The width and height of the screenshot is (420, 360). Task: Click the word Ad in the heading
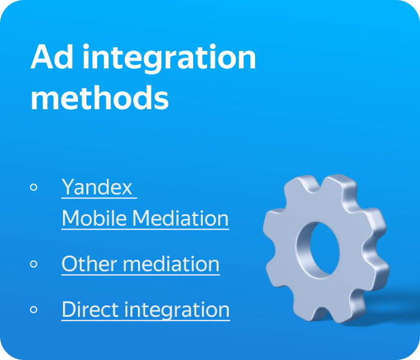52,56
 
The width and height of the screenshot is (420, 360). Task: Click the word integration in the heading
170,58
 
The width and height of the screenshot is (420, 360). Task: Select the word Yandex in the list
97,187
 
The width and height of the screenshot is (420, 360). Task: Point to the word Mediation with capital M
181,218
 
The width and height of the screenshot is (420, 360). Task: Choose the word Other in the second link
89,264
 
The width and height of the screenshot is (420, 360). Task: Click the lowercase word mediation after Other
171,264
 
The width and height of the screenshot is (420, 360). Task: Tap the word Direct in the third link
90,310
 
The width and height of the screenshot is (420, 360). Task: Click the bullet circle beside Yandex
34,187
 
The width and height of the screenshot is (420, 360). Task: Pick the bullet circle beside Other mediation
34,264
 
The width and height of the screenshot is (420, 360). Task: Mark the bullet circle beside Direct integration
34,310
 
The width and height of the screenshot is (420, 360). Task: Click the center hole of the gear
325,248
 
